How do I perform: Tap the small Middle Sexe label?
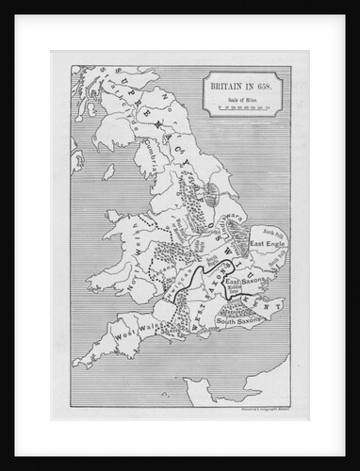[229, 293]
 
